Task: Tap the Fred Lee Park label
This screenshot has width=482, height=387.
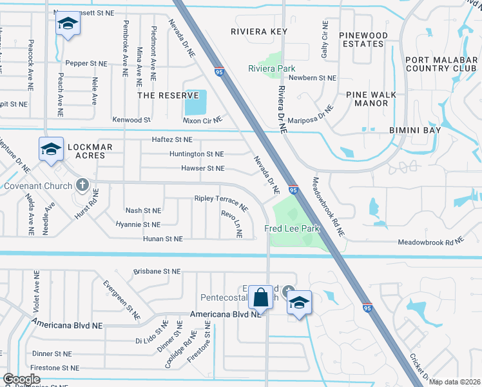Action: [x=292, y=228]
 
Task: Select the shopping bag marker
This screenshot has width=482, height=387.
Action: [x=260, y=299]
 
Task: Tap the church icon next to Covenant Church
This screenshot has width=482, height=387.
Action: [x=82, y=185]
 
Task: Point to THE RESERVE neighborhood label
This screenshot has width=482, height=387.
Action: [x=162, y=95]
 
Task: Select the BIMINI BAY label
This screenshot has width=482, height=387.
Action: [x=414, y=130]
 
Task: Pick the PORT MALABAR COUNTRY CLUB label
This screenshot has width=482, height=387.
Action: [x=441, y=64]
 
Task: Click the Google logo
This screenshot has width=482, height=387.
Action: [x=21, y=379]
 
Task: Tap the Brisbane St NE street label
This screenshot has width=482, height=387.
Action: [x=157, y=272]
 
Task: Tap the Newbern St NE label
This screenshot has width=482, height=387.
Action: [x=313, y=77]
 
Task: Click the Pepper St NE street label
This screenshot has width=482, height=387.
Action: [x=86, y=63]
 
